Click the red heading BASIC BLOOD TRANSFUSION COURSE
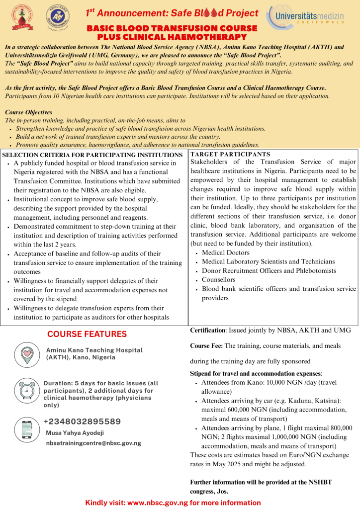point(172,29)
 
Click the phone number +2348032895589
point(83,422)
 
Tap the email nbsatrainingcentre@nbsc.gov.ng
point(93,442)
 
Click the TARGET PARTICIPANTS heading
point(230,155)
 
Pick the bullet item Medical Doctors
point(226,253)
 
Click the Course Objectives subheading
point(28,112)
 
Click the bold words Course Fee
point(207,346)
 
